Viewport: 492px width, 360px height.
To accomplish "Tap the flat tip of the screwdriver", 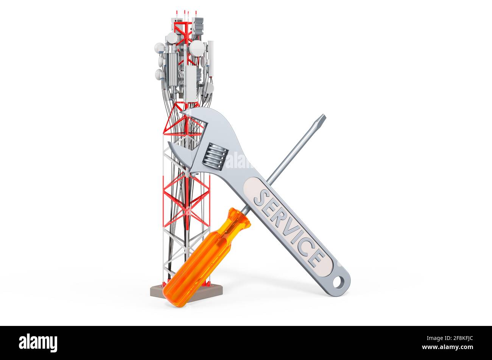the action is [x=323, y=117].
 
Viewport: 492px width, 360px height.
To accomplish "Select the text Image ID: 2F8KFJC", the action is [x=450, y=338].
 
